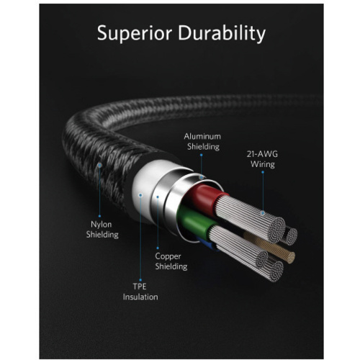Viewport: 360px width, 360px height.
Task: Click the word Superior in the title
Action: point(135,34)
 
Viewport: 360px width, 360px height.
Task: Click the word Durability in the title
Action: point(222,34)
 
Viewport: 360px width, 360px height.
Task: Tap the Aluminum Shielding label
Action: point(203,141)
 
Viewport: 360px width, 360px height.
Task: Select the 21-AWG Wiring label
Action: point(262,159)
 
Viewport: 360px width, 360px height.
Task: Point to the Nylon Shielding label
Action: point(102,230)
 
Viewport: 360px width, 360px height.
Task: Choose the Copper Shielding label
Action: point(171,261)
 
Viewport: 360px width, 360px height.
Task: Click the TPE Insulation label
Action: point(140,292)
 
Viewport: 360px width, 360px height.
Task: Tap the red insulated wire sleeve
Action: point(207,198)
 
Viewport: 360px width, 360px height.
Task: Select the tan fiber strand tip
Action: point(291,257)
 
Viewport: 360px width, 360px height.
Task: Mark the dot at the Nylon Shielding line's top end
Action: point(99,165)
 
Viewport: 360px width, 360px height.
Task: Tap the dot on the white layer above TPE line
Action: point(140,195)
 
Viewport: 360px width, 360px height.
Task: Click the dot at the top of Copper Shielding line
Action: point(158,197)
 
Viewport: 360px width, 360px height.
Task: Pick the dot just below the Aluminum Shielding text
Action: point(201,155)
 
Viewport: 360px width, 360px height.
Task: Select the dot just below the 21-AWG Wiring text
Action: point(263,172)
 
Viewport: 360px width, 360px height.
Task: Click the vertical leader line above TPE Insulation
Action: point(140,238)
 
